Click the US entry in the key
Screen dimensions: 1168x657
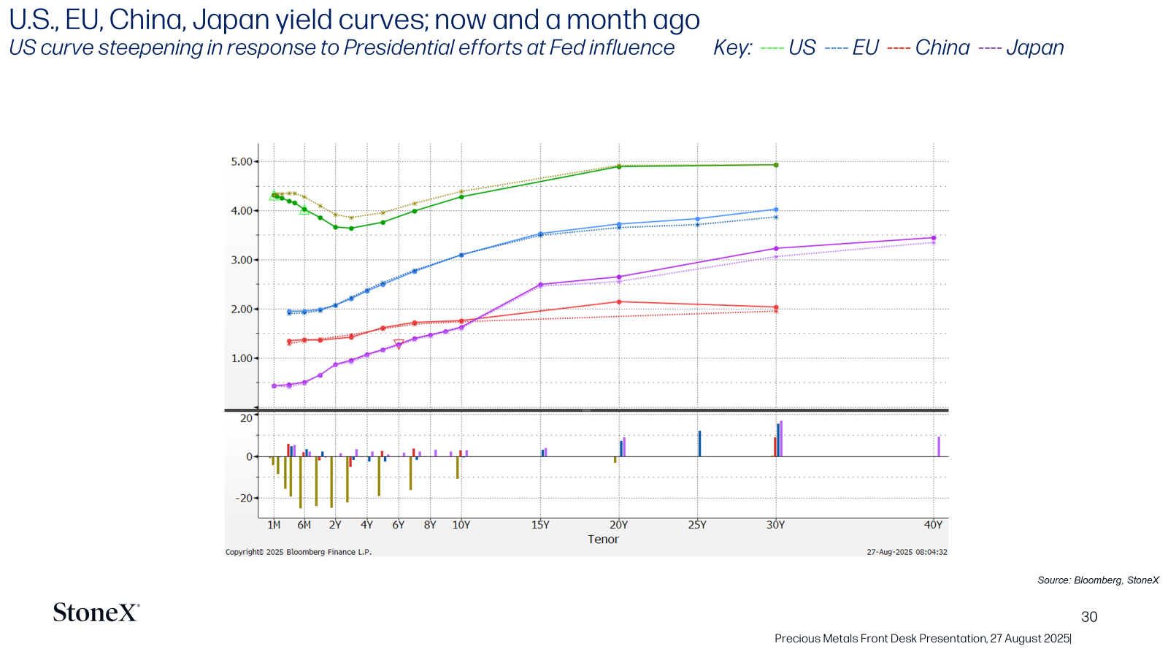(788, 48)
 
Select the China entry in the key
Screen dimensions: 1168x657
(928, 48)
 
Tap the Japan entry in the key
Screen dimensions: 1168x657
(1021, 48)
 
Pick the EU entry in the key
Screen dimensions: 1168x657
(852, 48)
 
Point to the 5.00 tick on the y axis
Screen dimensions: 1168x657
(242, 161)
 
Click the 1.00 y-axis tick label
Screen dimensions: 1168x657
(242, 358)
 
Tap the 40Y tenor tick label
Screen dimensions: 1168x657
(934, 525)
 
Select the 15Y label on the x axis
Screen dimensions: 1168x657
(540, 525)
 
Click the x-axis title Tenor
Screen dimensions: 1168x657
(603, 539)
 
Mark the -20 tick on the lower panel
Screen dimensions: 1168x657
(244, 499)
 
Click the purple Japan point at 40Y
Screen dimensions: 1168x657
(934, 238)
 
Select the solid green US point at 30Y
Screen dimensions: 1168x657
(776, 165)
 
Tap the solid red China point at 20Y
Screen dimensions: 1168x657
(619, 302)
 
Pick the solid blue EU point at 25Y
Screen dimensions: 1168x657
(698, 219)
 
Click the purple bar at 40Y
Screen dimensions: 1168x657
(939, 447)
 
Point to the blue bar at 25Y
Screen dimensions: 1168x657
(700, 444)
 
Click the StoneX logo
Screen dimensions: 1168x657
(96, 612)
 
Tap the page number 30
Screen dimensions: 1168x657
(1089, 617)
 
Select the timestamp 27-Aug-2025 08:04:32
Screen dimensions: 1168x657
(907, 552)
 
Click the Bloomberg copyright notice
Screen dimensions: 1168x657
(299, 552)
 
